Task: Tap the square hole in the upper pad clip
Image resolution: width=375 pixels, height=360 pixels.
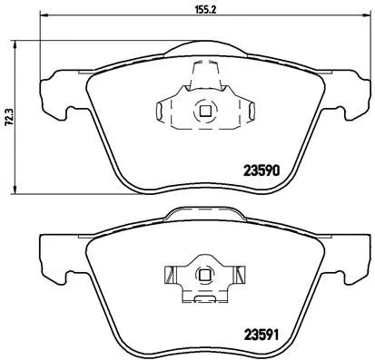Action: pos(204,112)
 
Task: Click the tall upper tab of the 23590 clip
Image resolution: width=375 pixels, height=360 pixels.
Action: pos(204,75)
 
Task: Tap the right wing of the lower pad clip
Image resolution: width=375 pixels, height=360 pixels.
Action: pos(238,273)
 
